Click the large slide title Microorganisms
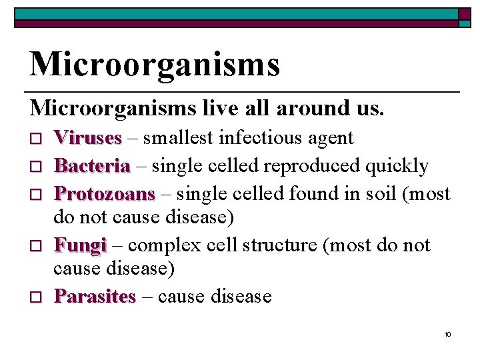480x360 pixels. pyautogui.click(x=155, y=64)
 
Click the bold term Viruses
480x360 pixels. pyautogui.click(x=88, y=138)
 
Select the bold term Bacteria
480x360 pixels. pyautogui.click(x=92, y=165)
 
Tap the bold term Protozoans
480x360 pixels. pyautogui.click(x=105, y=193)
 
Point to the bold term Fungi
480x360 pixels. pyautogui.click(x=80, y=245)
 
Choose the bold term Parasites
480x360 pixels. pyautogui.click(x=95, y=296)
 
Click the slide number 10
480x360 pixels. pyautogui.click(x=447, y=333)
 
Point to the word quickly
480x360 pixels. pyautogui.click(x=400, y=165)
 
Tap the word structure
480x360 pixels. pyautogui.click(x=279, y=245)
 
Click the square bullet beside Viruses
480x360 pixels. pyautogui.click(x=37, y=139)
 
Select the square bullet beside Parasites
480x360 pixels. pyautogui.click(x=37, y=297)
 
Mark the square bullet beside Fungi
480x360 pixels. pyautogui.click(x=37, y=246)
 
